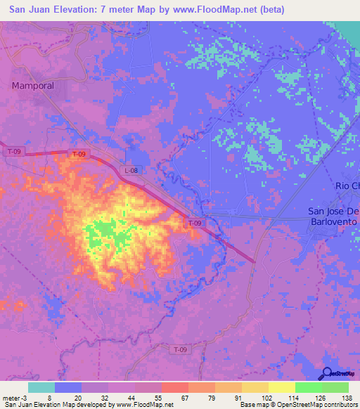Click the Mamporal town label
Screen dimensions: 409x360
(34, 86)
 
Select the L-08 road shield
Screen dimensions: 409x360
(131, 170)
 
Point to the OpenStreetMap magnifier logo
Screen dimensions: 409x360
(326, 375)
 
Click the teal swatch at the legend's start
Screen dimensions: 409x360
(41, 387)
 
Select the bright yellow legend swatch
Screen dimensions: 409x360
(281, 387)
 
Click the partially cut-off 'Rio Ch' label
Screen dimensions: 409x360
(347, 186)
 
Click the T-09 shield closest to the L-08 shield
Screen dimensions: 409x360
(79, 154)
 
